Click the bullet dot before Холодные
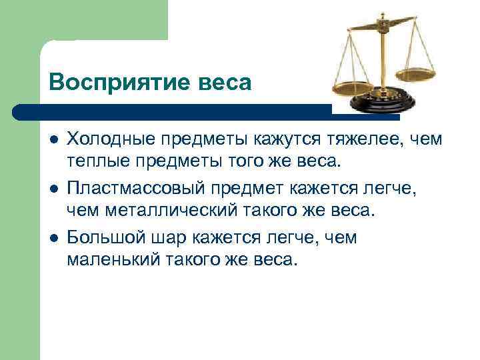(x=53, y=140)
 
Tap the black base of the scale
(x=384, y=104)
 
